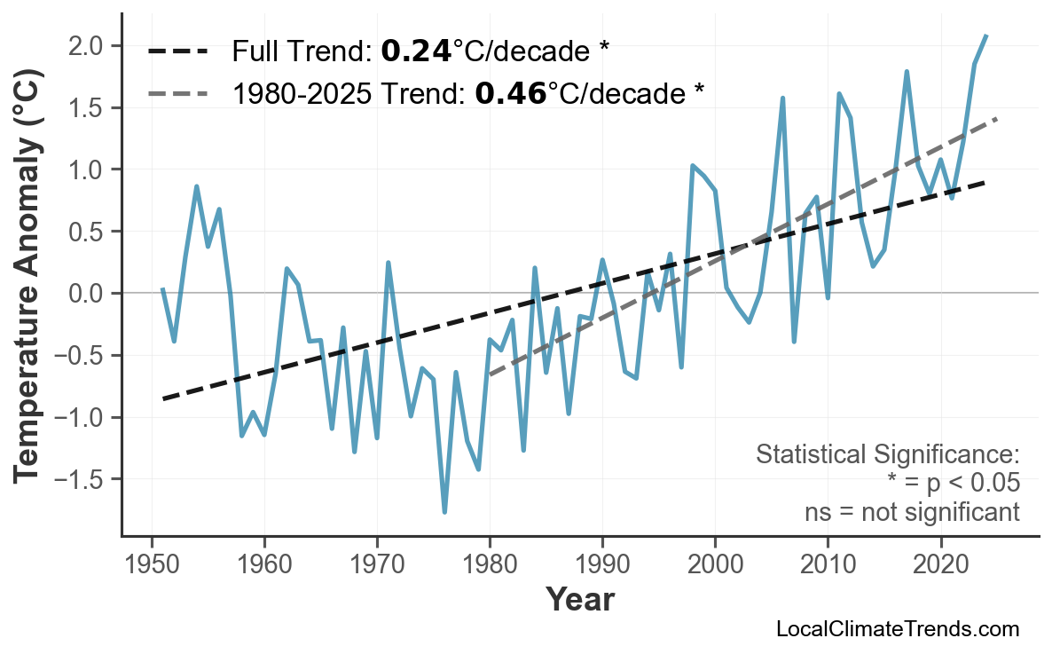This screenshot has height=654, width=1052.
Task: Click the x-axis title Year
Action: coord(579,601)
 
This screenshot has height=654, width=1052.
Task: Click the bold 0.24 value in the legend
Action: coord(416,51)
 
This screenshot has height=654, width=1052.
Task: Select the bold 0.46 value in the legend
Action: coord(510,93)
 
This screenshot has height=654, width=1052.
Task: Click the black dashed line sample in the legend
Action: coord(177,51)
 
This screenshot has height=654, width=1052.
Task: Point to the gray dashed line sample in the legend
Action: coord(177,93)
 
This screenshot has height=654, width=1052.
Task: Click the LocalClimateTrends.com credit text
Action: coord(898,629)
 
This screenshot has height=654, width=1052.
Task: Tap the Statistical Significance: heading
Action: coord(887,455)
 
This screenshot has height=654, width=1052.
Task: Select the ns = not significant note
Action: coord(912,512)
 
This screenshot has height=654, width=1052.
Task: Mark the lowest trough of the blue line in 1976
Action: coord(444,512)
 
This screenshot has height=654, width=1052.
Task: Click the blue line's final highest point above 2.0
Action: coord(986,35)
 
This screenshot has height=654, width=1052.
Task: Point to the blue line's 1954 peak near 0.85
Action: coord(196,186)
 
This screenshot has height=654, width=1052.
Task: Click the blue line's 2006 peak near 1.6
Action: coord(782,98)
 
